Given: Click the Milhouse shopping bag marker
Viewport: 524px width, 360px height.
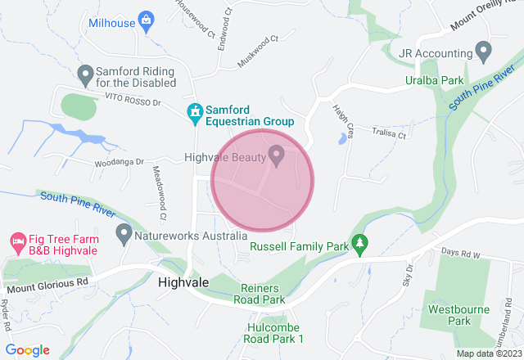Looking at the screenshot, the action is pos(147,20).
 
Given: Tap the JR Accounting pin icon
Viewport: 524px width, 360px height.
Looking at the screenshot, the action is pos(483,52).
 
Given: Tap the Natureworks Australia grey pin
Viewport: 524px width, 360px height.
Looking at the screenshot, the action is pos(124,234).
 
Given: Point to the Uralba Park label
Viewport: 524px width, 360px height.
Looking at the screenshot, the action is pos(435,80).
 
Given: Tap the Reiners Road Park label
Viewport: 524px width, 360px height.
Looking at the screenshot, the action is pos(263,295).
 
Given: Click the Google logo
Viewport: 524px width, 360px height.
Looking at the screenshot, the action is pos(28,350).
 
